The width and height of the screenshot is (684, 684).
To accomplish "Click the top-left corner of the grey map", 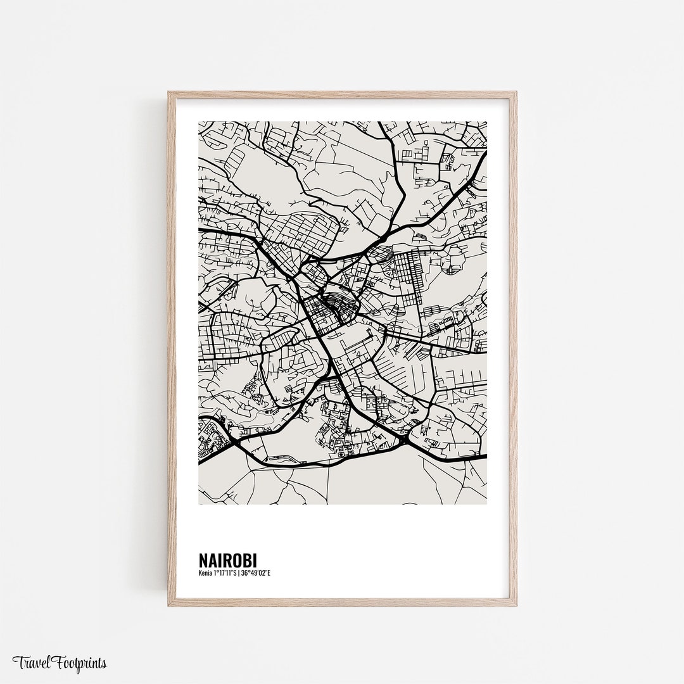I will tap(199, 122).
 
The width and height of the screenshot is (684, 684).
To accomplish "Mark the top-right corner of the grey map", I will tap(486, 122).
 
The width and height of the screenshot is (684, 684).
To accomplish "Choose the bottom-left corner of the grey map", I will tap(199, 504).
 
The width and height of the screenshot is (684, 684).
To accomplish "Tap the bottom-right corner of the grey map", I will tap(486, 504).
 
